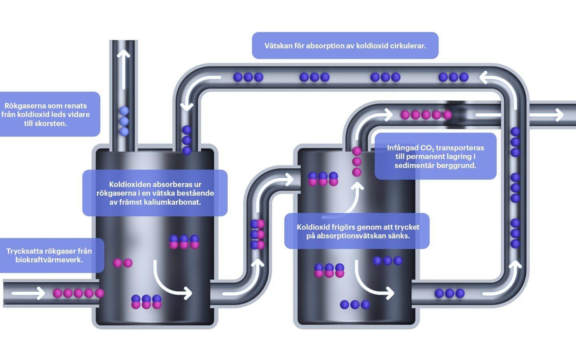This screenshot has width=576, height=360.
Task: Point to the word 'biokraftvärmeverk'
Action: [49, 260]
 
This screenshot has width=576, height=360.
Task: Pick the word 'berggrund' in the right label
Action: [459, 166]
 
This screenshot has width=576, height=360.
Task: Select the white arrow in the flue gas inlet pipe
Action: [28, 294]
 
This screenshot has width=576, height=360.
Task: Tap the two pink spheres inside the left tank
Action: [122, 263]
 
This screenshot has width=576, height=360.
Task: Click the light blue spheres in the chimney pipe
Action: [124, 121]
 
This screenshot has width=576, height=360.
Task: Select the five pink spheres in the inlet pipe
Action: [78, 293]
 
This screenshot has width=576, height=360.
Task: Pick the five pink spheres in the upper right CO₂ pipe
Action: [426, 115]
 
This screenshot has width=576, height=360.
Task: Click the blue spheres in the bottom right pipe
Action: [450, 293]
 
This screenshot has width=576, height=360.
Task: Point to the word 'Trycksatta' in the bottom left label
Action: [24, 251]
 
